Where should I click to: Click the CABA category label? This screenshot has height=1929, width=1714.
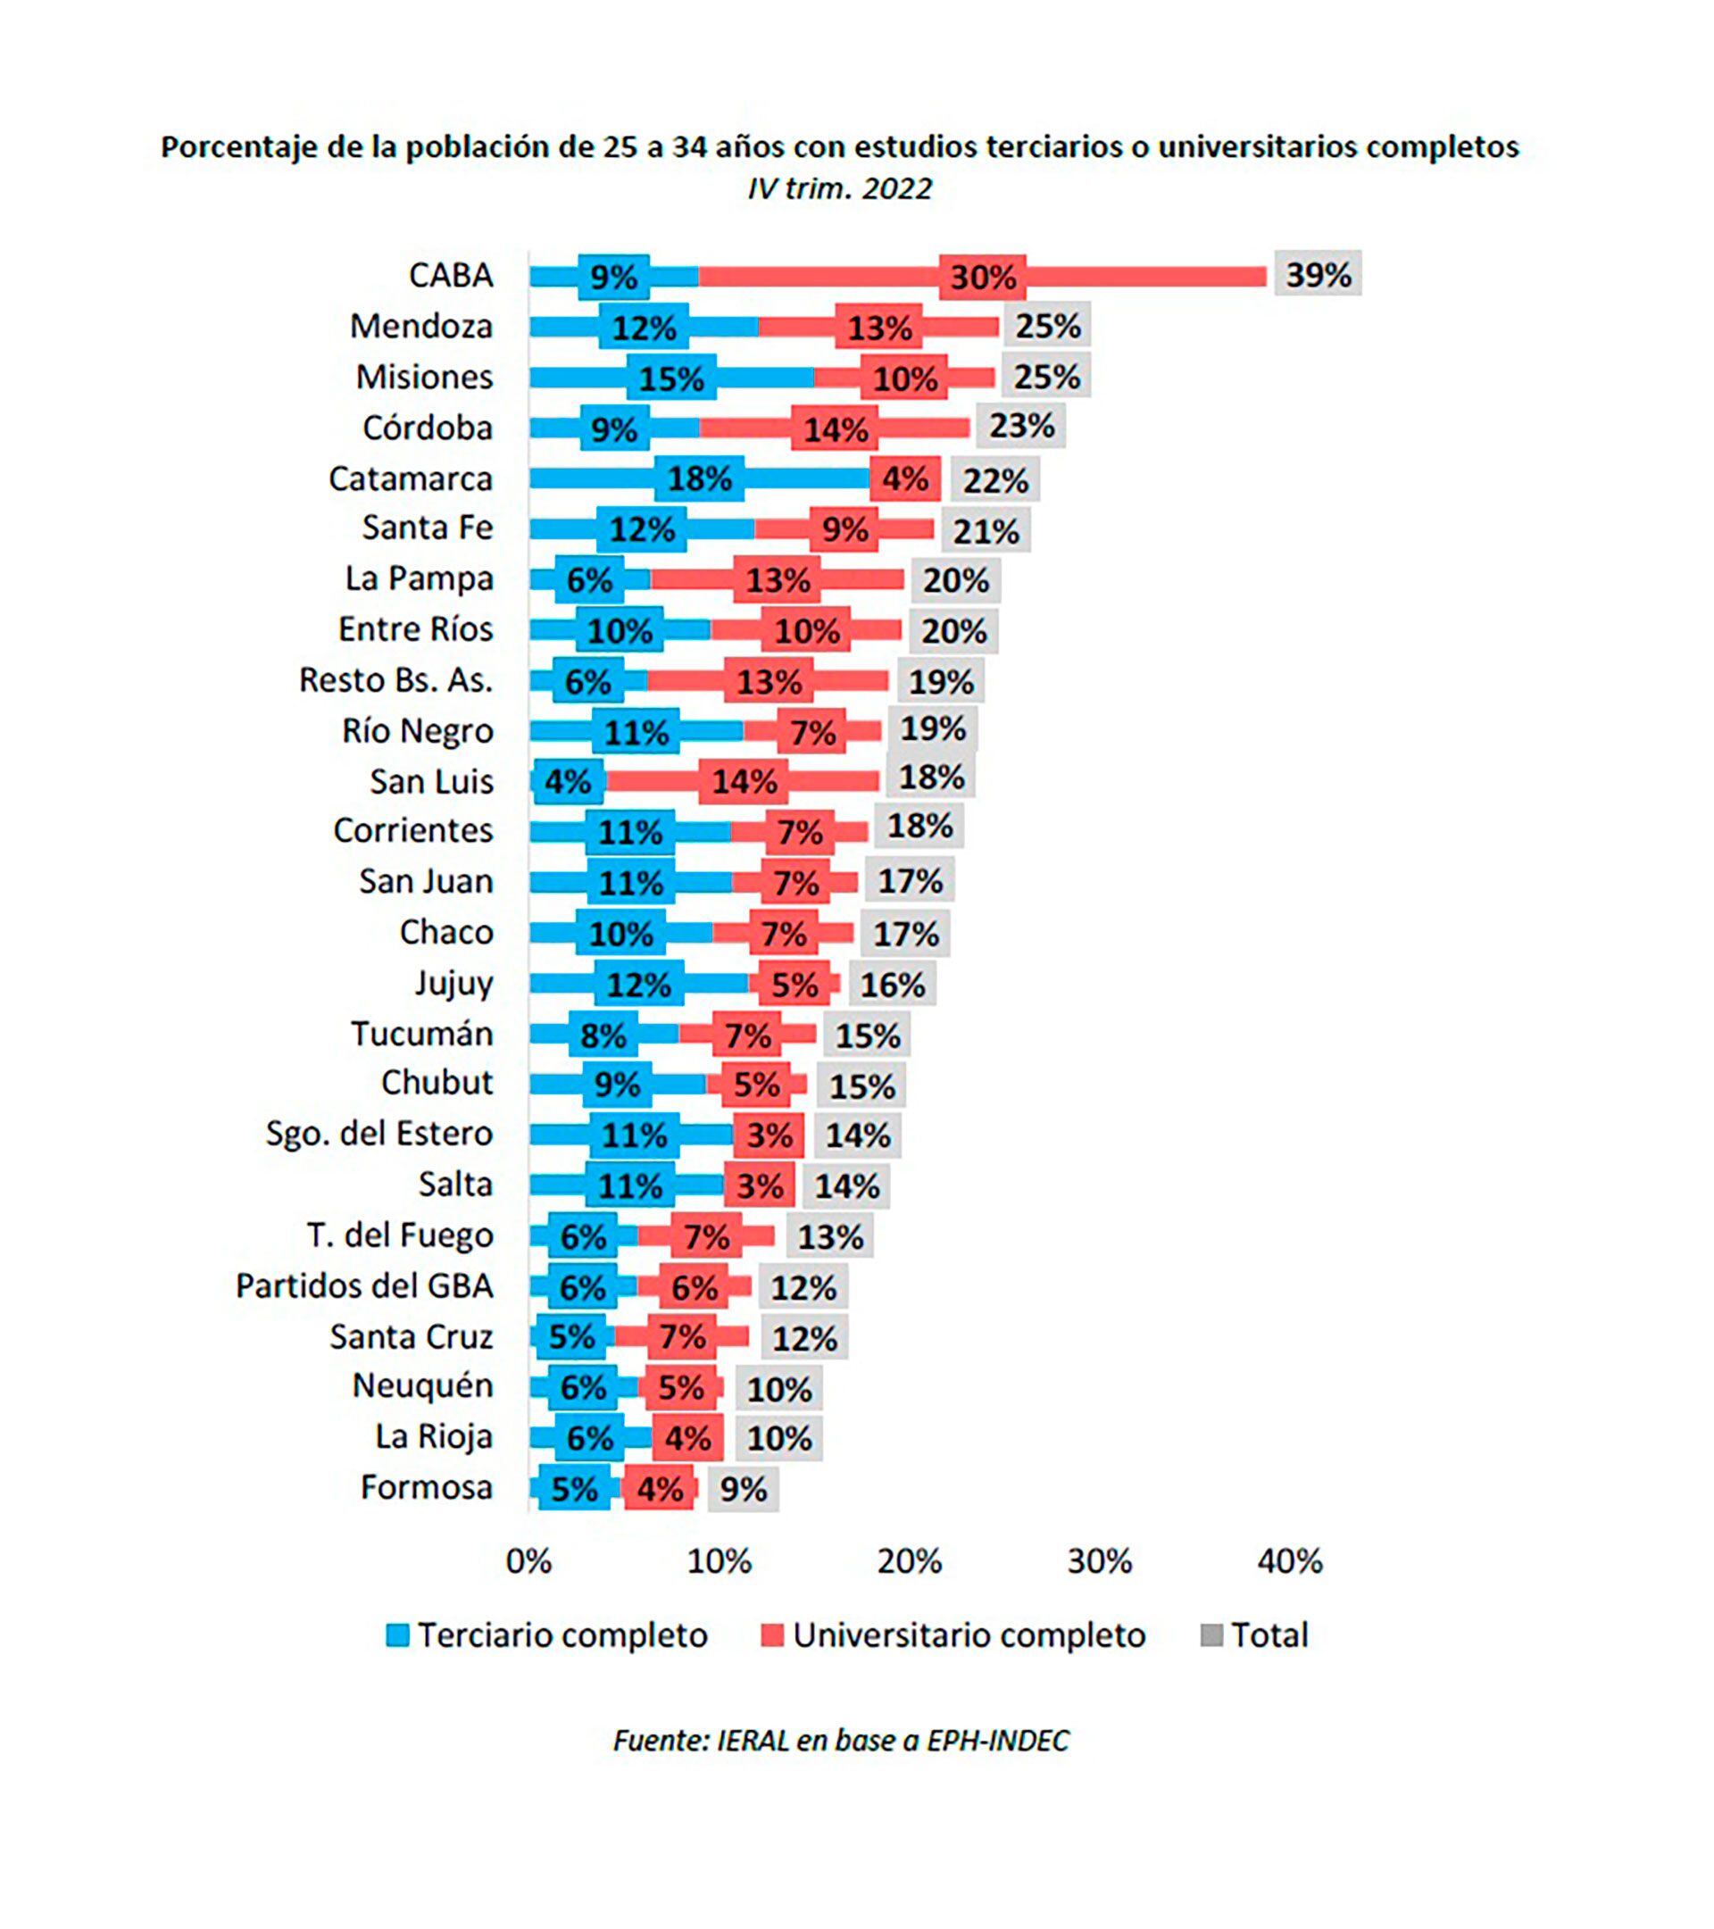tap(450, 275)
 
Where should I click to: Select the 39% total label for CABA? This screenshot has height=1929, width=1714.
tap(1318, 275)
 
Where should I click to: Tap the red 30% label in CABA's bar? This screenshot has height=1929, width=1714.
tap(983, 278)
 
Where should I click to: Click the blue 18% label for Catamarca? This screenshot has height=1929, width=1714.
tap(699, 478)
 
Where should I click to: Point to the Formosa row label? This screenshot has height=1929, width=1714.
tap(427, 1487)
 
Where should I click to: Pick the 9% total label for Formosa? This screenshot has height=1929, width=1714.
tap(743, 1489)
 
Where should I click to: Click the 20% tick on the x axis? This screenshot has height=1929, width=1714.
tap(909, 1561)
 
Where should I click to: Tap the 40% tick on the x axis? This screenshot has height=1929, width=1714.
tap(1289, 1561)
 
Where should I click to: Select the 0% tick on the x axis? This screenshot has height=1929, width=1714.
tap(528, 1561)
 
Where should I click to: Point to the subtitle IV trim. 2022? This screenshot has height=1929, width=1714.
tap(839, 188)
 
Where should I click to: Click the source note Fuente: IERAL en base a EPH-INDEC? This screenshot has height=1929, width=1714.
tap(841, 1742)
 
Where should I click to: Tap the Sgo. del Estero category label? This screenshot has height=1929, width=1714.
tap(379, 1133)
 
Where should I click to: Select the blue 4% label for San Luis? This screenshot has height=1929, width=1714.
tap(567, 781)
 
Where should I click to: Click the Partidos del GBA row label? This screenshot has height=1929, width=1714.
tap(364, 1285)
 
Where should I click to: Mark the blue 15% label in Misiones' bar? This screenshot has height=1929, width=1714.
tap(671, 378)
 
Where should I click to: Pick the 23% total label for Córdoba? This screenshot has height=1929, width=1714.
tap(1021, 426)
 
